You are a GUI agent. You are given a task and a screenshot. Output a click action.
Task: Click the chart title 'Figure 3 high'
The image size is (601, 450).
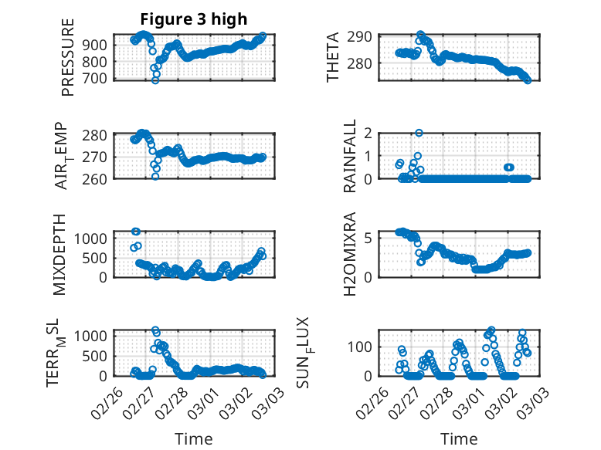coord(193,19)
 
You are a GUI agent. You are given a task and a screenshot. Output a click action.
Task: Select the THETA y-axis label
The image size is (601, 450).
coord(333,57)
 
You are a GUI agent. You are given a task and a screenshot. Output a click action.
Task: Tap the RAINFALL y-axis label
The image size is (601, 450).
coord(350,157)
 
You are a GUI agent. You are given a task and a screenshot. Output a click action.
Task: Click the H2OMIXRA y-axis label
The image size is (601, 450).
coord(349,254)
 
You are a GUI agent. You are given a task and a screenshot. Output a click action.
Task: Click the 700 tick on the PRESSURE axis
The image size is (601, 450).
coord(100,79)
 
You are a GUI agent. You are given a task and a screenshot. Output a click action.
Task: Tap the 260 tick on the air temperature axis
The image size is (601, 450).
coord(100,178)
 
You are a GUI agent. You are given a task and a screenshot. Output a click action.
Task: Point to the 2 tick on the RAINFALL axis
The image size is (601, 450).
coord(369,134)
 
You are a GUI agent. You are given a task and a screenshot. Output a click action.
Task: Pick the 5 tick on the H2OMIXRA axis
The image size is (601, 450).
coord(369,237)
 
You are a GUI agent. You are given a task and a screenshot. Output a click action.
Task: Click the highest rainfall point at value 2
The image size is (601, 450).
coord(419,133)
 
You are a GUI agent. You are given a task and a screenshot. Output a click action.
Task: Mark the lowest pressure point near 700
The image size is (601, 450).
coord(155,80)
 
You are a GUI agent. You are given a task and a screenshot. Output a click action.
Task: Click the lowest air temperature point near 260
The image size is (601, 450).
coord(155,177)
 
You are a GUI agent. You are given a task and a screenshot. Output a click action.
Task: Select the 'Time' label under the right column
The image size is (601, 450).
coord(459,438)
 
